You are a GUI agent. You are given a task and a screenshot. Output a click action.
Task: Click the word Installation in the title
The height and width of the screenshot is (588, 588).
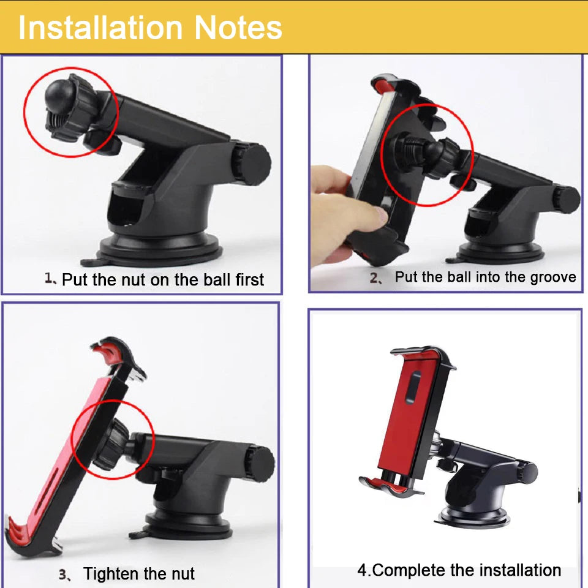click(x=100, y=28)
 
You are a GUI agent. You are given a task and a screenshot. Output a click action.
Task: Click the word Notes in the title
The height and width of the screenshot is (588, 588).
click(x=238, y=28)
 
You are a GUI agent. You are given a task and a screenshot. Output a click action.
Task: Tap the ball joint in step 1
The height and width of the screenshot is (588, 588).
click(x=59, y=94)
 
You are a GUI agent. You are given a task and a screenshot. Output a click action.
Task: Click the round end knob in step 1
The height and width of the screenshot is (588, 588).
click(x=252, y=163)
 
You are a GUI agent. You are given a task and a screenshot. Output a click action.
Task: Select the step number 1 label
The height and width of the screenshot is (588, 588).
click(x=50, y=279)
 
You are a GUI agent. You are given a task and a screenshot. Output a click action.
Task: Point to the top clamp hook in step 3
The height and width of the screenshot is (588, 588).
click(x=118, y=353)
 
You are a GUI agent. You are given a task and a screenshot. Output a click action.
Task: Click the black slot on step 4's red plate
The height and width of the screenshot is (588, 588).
click(x=413, y=387)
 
